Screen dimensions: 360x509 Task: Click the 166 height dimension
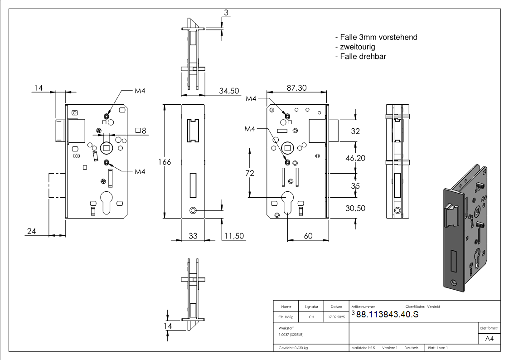point(165,161)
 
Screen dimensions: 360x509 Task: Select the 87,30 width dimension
point(296,88)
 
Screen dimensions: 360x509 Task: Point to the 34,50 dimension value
point(229,91)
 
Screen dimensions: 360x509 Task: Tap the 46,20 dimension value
point(355,158)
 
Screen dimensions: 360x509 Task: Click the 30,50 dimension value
point(355,208)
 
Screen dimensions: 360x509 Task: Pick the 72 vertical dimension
point(249,173)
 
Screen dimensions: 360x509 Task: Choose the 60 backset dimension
point(308,235)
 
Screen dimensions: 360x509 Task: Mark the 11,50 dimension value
point(234,236)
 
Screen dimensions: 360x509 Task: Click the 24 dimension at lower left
point(31,231)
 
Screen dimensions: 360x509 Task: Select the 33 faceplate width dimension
point(193,236)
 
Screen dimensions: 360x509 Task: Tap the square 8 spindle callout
point(141,131)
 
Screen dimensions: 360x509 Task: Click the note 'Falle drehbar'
point(360,57)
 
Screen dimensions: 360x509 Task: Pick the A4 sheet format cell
point(490,339)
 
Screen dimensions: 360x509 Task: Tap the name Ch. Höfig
point(286,317)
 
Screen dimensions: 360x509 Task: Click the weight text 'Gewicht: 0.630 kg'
point(293,348)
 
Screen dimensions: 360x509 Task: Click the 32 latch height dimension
point(355,131)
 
